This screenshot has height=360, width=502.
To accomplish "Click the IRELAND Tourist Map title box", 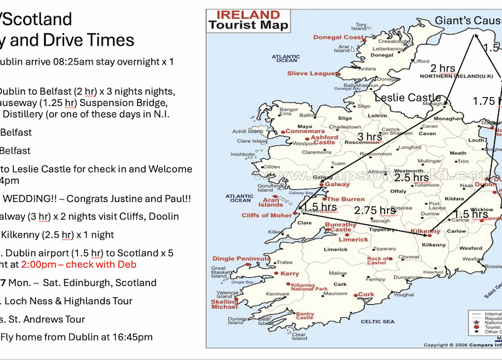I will click(x=248, y=21).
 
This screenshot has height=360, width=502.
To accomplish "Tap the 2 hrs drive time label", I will click(x=442, y=68).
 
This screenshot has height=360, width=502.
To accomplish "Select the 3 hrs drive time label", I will click(x=370, y=137).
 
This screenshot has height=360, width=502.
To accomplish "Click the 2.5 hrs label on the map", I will click(x=411, y=178).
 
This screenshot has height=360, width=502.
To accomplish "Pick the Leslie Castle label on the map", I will click(x=408, y=98).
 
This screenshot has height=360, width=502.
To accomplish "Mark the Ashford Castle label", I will click(x=324, y=139).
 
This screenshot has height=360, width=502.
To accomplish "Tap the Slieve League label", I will click(x=312, y=73).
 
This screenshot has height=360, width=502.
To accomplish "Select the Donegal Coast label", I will click(x=338, y=37).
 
